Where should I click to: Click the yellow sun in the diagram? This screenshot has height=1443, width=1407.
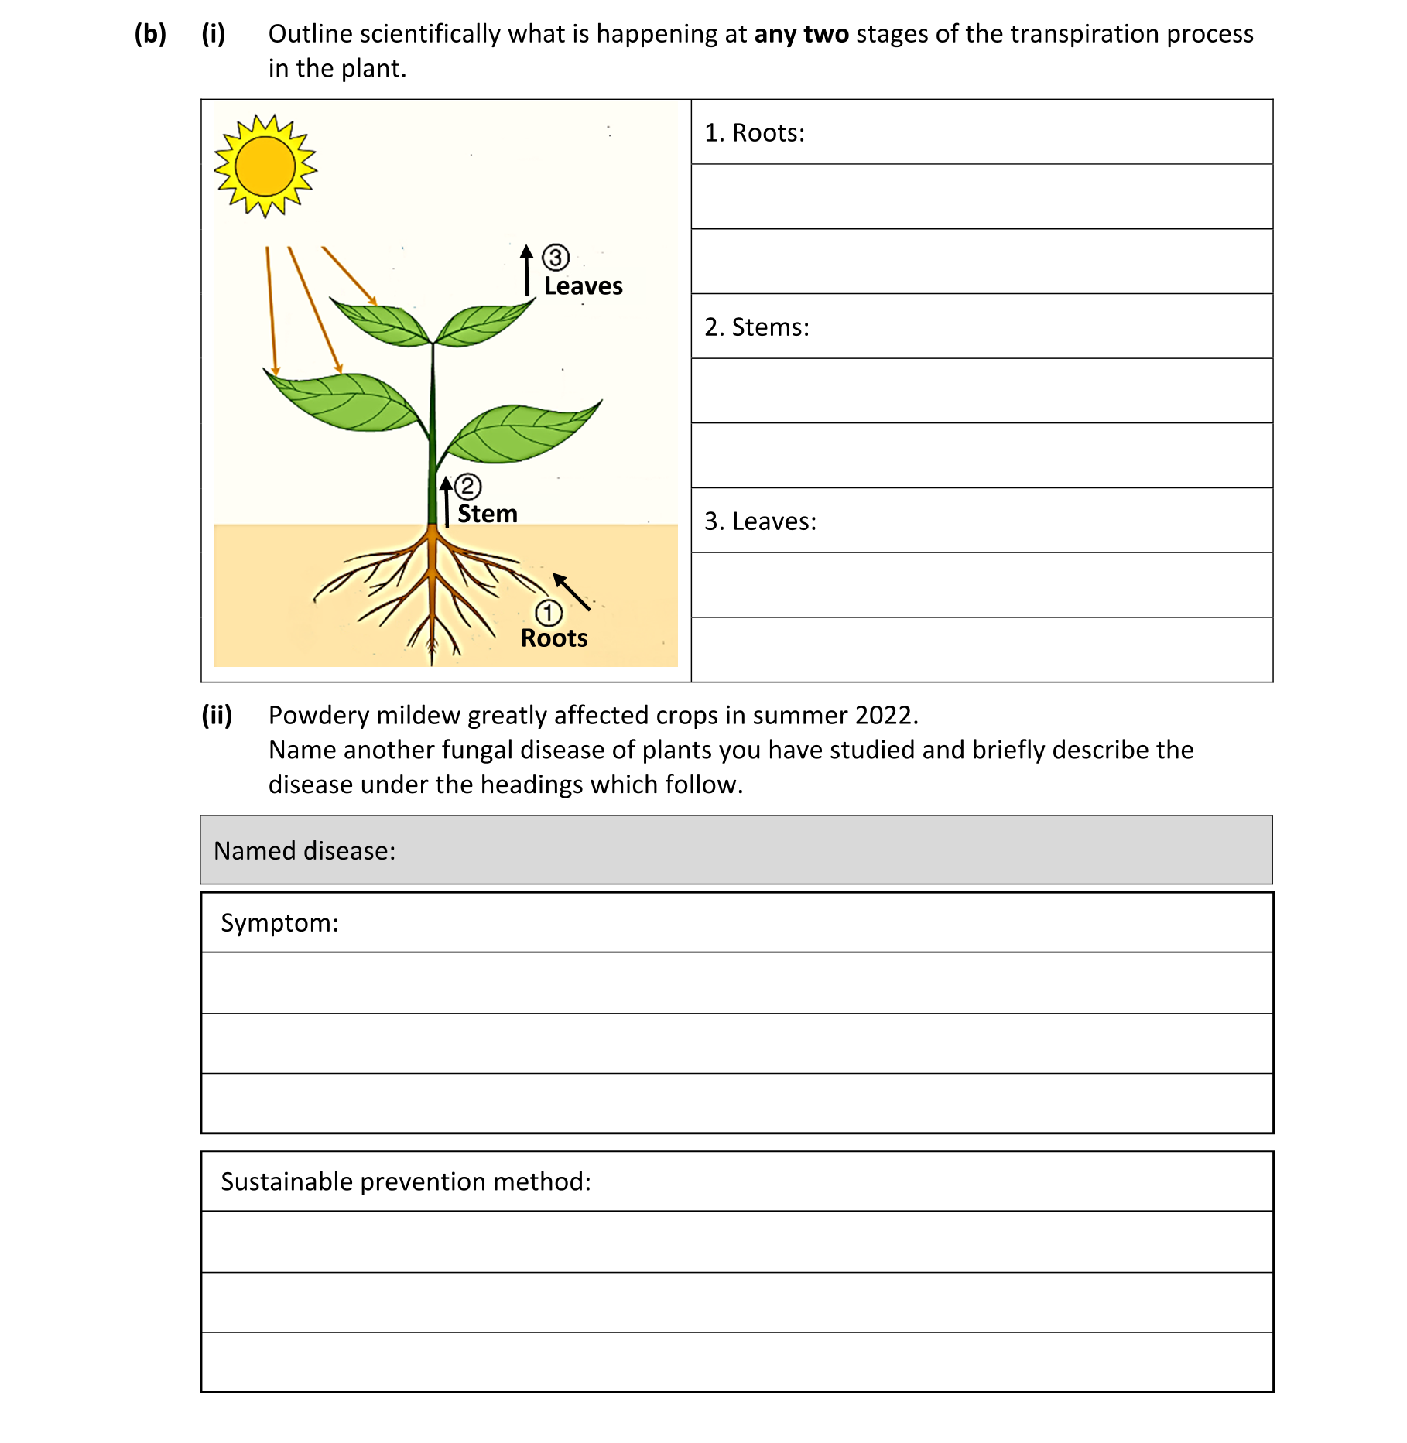click(x=265, y=166)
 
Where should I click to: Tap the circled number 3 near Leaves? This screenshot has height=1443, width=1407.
click(x=555, y=257)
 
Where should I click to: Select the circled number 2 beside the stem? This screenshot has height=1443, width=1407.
click(x=467, y=486)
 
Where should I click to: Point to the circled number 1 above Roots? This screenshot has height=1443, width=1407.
click(x=549, y=613)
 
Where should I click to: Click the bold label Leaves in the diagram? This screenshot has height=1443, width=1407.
click(x=583, y=286)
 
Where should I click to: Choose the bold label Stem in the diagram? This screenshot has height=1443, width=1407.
click(x=487, y=514)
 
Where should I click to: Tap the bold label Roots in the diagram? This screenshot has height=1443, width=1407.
click(x=554, y=638)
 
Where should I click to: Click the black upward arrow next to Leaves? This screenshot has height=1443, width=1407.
click(x=527, y=270)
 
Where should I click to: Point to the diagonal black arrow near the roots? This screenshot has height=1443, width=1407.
click(x=571, y=592)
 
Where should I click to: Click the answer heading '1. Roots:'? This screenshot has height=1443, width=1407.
click(x=755, y=133)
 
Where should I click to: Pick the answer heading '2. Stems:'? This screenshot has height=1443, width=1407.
click(x=756, y=327)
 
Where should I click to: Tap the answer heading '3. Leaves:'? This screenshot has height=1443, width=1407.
click(x=760, y=521)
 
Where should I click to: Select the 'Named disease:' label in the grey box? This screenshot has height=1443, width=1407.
click(x=304, y=851)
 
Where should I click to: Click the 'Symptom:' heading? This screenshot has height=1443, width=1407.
click(x=279, y=923)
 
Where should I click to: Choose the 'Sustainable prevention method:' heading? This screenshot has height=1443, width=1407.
click(x=406, y=1182)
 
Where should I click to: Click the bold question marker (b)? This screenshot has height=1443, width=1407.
click(x=150, y=35)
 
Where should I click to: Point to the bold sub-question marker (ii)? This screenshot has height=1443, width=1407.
click(x=217, y=716)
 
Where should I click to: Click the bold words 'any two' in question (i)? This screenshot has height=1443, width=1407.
click(x=801, y=35)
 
